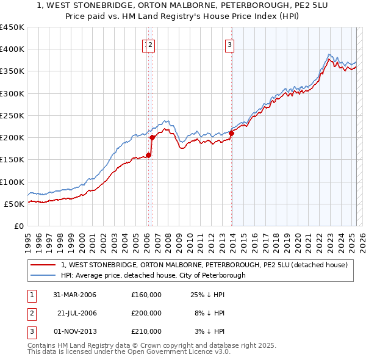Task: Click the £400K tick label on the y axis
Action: click(x=12, y=49)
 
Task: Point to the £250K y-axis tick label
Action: click(x=12, y=115)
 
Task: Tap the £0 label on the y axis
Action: click(x=18, y=226)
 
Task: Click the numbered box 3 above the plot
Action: click(x=229, y=44)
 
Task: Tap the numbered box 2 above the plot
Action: click(x=151, y=44)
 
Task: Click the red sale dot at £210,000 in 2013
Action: click(x=232, y=134)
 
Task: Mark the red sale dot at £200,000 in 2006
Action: click(x=152, y=138)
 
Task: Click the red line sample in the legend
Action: click(x=44, y=265)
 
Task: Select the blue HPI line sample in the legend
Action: click(x=44, y=275)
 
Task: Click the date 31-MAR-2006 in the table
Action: click(x=75, y=295)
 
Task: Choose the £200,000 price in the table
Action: click(x=146, y=313)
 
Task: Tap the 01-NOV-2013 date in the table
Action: click(x=75, y=331)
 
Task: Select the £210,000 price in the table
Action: click(x=146, y=331)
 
